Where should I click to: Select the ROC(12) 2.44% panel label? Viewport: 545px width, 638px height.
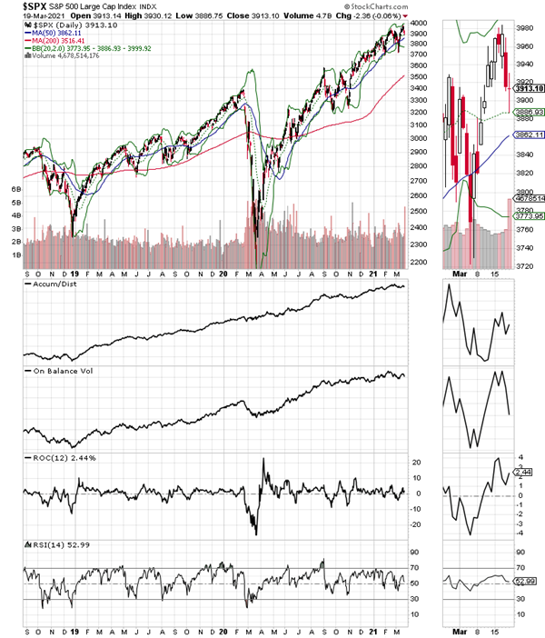pos(54,460)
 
